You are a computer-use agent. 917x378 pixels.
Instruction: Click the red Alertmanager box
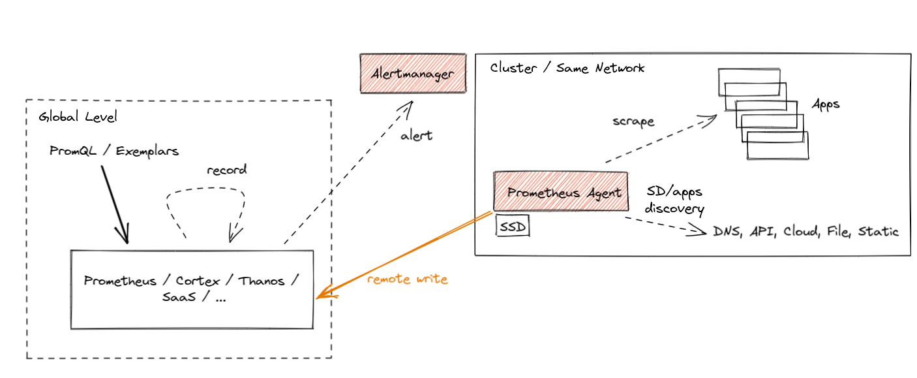click(413, 74)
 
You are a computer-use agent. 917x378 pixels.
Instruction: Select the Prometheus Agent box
click(560, 193)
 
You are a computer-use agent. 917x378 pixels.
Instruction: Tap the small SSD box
click(513, 226)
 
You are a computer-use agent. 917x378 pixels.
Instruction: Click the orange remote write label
click(407, 279)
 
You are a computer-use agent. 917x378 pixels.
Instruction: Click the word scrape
click(633, 121)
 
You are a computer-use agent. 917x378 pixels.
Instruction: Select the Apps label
click(826, 104)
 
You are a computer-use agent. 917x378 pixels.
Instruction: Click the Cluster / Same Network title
click(567, 68)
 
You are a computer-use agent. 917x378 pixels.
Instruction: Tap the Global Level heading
click(78, 118)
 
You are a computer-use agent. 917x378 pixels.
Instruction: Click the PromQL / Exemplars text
click(114, 151)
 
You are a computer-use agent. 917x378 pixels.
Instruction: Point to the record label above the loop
click(226, 170)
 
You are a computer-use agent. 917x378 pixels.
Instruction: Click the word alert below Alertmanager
click(416, 136)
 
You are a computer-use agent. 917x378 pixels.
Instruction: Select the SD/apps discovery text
click(674, 201)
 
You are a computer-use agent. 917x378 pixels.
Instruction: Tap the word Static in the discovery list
click(878, 232)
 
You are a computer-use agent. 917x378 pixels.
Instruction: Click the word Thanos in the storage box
click(262, 281)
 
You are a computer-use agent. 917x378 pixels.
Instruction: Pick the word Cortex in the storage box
click(197, 281)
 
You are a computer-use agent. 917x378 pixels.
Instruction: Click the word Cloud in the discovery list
click(802, 232)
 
